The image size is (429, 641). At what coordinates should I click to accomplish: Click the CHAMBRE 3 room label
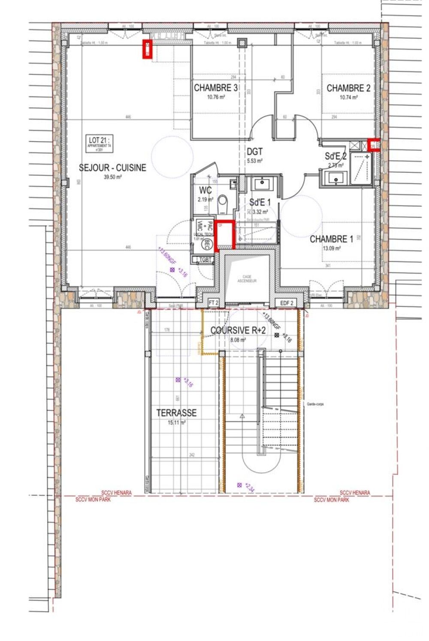pyautogui.click(x=216, y=88)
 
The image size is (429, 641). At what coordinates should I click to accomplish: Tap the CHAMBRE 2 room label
pyautogui.click(x=348, y=88)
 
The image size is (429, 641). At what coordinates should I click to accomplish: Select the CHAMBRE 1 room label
pyautogui.click(x=331, y=239)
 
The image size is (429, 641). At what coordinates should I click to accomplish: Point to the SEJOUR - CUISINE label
pyautogui.click(x=112, y=168)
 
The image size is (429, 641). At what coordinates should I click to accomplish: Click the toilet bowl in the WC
pyautogui.click(x=223, y=201)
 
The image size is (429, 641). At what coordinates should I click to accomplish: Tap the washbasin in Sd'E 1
pyautogui.click(x=261, y=184)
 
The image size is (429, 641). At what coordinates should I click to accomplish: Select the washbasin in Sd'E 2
pyautogui.click(x=335, y=177)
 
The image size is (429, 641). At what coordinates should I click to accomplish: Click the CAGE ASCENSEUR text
pyautogui.click(x=247, y=278)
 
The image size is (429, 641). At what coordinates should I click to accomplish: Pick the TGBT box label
pyautogui.click(x=205, y=259)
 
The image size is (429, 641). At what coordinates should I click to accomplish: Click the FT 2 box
pyautogui.click(x=214, y=302)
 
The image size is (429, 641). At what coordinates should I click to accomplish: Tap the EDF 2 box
pyautogui.click(x=287, y=302)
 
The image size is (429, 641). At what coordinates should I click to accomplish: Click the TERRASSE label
pyautogui.click(x=176, y=413)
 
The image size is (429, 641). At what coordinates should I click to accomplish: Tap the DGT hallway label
pyautogui.click(x=254, y=152)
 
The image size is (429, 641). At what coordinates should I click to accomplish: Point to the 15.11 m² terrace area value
pyautogui.click(x=176, y=423)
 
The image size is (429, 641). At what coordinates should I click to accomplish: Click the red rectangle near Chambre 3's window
pyautogui.click(x=147, y=49)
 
